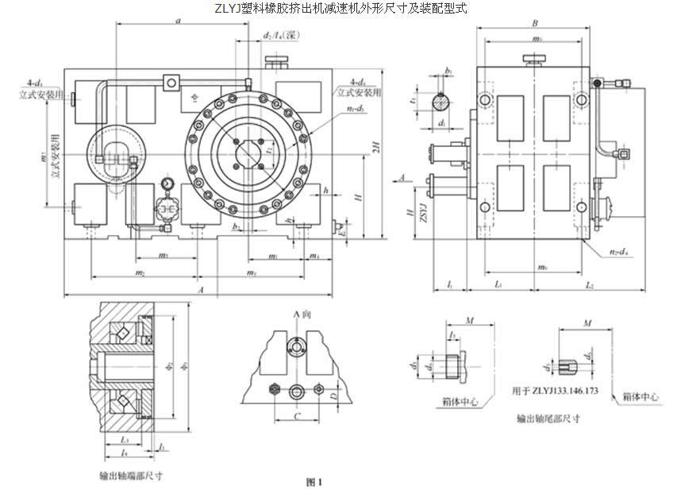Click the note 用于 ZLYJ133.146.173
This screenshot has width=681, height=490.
pos(552,392)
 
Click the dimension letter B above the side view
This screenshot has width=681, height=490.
pos(537,24)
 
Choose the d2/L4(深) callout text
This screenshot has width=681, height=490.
pos(279,36)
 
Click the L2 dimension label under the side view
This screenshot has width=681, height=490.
pos(590,284)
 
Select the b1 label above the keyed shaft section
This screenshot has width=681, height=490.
pos(448,71)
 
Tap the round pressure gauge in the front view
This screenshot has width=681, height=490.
pos(167,184)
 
